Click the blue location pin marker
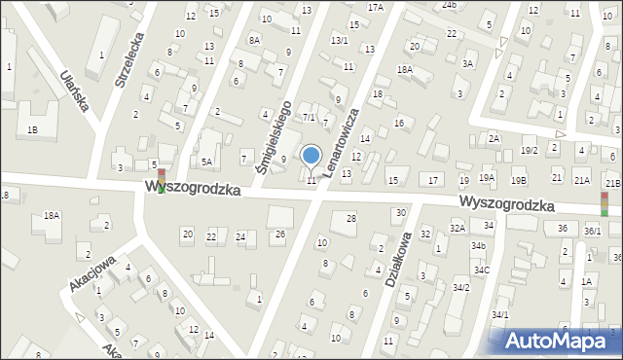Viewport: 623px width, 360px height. tap(311, 156)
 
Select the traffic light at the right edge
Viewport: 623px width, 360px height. tap(604, 202)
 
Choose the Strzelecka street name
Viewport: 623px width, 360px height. tap(129, 63)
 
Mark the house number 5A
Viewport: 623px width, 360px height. tap(206, 162)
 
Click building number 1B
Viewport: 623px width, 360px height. tap(33, 129)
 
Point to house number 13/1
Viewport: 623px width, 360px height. tap(339, 40)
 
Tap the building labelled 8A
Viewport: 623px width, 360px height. tap(254, 40)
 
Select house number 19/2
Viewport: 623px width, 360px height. tap(529, 150)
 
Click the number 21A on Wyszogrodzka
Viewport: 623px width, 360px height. tap(581, 180)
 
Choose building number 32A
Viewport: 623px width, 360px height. tap(456, 228)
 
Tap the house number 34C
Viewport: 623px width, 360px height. tap(481, 270)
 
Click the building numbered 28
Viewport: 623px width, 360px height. tap(350, 218)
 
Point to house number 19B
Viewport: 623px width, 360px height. tap(519, 180)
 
